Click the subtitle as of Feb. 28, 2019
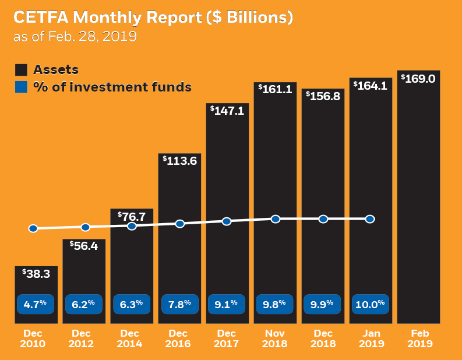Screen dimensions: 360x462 click(x=75, y=37)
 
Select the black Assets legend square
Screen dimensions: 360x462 click(x=21, y=70)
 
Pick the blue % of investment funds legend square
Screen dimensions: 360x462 click(x=21, y=88)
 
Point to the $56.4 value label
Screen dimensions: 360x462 click(x=83, y=246)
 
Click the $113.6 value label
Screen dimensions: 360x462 click(x=179, y=160)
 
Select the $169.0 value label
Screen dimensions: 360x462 click(x=418, y=78)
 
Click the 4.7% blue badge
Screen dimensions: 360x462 click(x=36, y=303)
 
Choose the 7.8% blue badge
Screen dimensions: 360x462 click(x=179, y=303)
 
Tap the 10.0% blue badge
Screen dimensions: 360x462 click(x=371, y=303)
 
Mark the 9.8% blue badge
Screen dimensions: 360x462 click(x=275, y=303)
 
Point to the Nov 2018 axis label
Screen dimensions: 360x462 click(x=275, y=338)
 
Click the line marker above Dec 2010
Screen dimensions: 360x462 click(x=33, y=229)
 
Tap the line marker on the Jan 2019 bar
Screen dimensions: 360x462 click(x=370, y=219)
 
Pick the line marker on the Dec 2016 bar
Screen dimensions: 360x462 click(x=180, y=224)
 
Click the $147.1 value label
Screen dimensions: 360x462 click(x=227, y=110)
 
